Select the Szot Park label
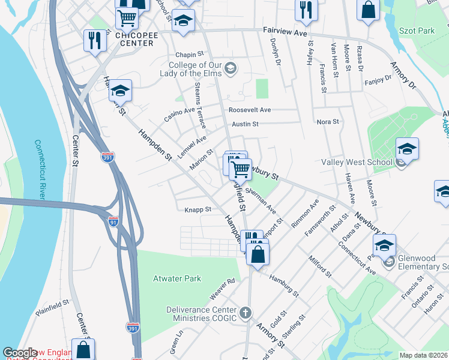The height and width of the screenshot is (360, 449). (416, 30)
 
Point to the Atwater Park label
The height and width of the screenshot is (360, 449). (177, 278)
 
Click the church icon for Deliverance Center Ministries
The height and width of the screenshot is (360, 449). (245, 313)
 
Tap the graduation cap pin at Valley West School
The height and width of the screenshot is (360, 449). (406, 149)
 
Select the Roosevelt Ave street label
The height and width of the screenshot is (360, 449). (250, 110)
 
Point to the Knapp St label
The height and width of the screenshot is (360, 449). (198, 209)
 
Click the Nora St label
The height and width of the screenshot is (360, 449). (328, 122)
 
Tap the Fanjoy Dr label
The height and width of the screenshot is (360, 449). (378, 78)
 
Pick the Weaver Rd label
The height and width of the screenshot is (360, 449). (221, 289)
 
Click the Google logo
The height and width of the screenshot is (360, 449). (20, 353)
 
